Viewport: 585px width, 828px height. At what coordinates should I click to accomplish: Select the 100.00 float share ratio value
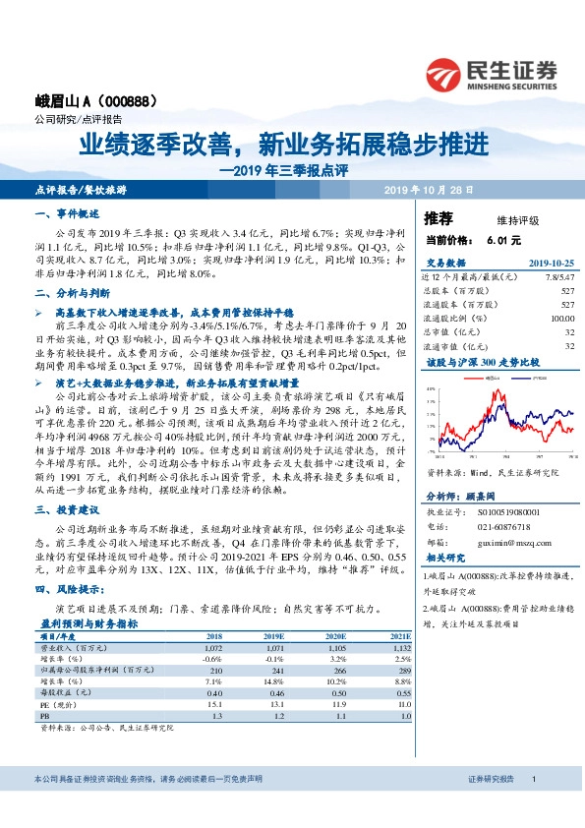click(561, 319)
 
